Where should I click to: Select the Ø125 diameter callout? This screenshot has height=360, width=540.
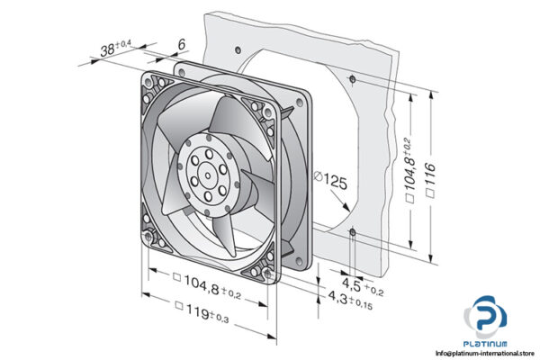(x=334, y=182)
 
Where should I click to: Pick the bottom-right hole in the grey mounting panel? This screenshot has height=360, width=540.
(x=352, y=233)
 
